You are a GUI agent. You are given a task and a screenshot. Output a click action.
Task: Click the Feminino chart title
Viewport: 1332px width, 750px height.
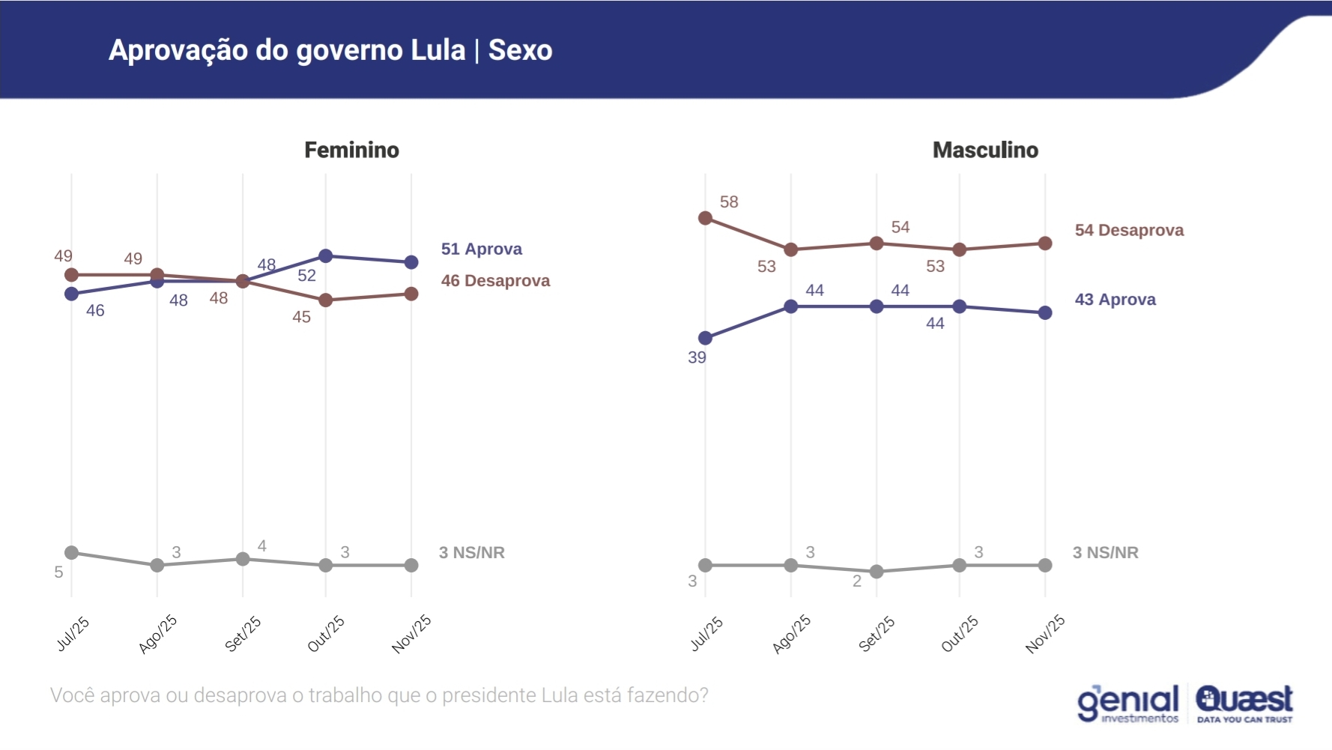351,150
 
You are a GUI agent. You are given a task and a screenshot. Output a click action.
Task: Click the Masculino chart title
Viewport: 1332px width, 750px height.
985,150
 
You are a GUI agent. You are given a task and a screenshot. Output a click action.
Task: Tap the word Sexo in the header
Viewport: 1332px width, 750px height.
520,50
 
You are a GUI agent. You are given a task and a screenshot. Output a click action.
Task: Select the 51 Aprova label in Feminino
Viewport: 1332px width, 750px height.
481,249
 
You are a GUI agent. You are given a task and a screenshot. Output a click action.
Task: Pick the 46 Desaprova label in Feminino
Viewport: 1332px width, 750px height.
495,280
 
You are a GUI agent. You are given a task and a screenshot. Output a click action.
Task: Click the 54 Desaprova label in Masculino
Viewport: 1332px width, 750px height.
1129,230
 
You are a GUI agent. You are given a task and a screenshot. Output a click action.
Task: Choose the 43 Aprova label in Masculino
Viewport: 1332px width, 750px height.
1115,299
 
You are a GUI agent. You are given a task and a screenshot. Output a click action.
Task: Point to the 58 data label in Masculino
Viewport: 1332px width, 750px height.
729,202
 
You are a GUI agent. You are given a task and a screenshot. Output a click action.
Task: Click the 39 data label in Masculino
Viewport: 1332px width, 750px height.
697,357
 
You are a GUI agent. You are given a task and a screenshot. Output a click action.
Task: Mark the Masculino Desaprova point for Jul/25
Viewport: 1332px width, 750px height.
705,218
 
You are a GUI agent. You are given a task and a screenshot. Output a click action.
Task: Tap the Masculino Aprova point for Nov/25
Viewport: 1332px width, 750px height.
1045,312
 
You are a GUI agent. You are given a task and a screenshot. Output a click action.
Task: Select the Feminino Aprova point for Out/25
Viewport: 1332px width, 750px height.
326,256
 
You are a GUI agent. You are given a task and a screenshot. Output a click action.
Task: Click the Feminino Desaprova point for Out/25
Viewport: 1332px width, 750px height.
326,300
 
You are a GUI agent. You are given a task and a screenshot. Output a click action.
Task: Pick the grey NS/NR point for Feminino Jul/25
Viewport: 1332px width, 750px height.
72,553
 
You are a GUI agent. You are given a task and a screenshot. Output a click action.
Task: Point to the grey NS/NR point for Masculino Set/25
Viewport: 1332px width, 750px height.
877,572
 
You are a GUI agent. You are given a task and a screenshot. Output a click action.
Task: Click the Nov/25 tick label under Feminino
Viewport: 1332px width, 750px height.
412,634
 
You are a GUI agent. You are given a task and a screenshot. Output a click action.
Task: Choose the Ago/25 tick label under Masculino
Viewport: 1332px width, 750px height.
792,634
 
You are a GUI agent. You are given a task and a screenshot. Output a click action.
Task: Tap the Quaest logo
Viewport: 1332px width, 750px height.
1244,703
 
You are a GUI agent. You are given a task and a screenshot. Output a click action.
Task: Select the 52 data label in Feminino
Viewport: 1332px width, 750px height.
306,275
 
